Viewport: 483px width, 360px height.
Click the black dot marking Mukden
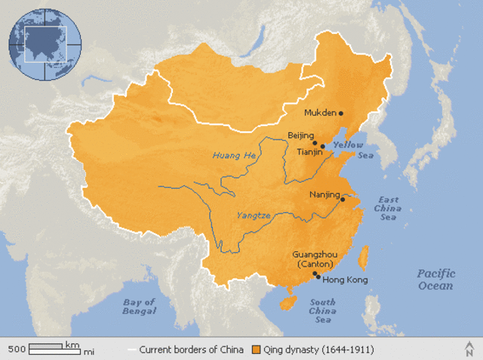[341, 113]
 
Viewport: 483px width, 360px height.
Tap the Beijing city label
[300, 136]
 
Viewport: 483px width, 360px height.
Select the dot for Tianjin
[323, 146]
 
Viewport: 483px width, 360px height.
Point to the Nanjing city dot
[343, 199]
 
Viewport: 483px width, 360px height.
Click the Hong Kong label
[345, 280]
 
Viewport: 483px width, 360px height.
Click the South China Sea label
[322, 311]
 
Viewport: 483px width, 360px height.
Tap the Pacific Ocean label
[435, 280]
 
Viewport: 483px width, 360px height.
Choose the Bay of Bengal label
[140, 306]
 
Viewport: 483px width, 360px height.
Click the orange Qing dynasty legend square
[257, 350]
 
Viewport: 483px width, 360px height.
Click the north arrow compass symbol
[469, 349]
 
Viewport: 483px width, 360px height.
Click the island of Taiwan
[360, 257]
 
